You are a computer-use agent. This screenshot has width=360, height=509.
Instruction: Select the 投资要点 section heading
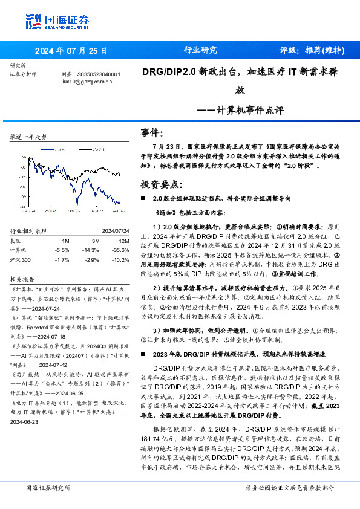pyautogui.click(x=161, y=184)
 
